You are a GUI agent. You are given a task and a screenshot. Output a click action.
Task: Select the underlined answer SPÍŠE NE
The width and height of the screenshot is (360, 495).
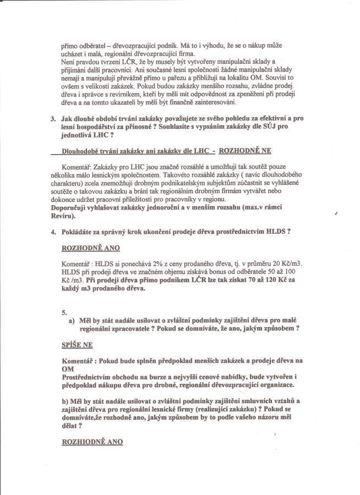[x=77, y=344]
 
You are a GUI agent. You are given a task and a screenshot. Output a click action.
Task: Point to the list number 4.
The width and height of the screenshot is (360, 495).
[x=53, y=232]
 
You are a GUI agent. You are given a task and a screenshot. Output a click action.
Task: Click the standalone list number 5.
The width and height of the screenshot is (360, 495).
[x=64, y=312]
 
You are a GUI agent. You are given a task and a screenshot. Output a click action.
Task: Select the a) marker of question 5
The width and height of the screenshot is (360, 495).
[x=72, y=321]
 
